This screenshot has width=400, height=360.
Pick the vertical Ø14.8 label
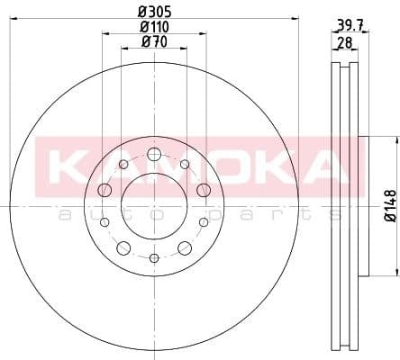388,206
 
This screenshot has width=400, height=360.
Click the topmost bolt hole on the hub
154,155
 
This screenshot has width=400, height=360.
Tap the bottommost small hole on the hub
154,258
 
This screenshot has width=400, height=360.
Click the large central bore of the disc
154,206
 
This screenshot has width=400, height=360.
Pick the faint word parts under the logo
270,214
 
